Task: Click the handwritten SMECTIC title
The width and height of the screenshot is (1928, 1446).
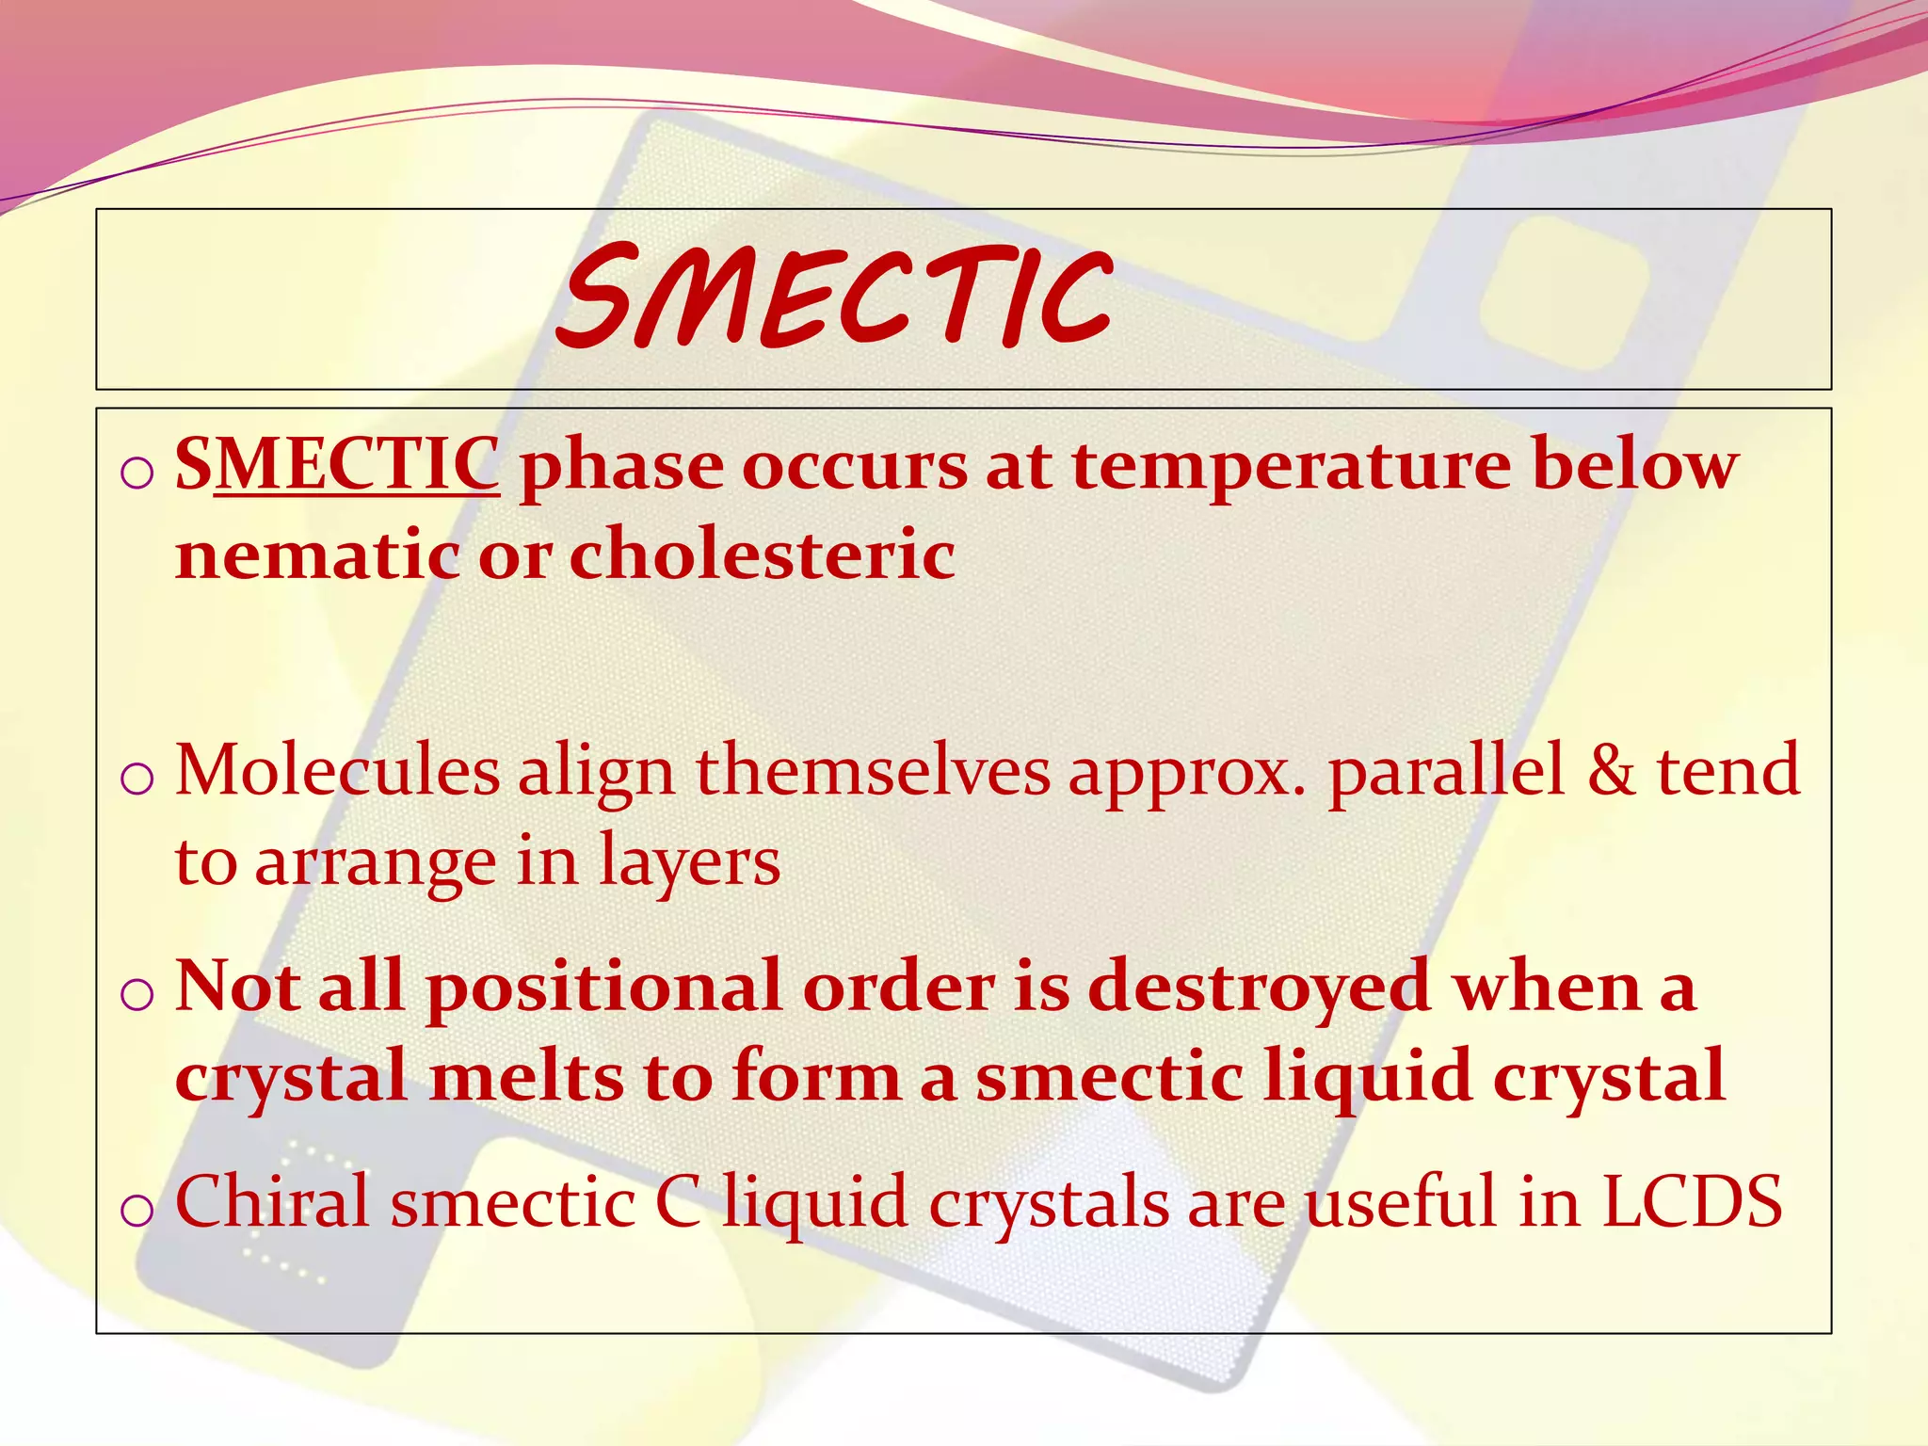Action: click(835, 297)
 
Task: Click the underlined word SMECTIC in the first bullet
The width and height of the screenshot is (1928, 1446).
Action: click(337, 464)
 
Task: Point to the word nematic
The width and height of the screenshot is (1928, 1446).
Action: click(317, 554)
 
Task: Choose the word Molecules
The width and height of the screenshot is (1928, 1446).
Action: click(337, 771)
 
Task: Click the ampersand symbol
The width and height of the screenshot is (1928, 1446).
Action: click(1611, 771)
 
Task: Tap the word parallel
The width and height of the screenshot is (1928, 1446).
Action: click(1446, 771)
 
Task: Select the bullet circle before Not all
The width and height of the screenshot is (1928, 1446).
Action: click(137, 996)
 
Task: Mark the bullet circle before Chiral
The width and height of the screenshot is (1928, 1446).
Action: click(137, 1211)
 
